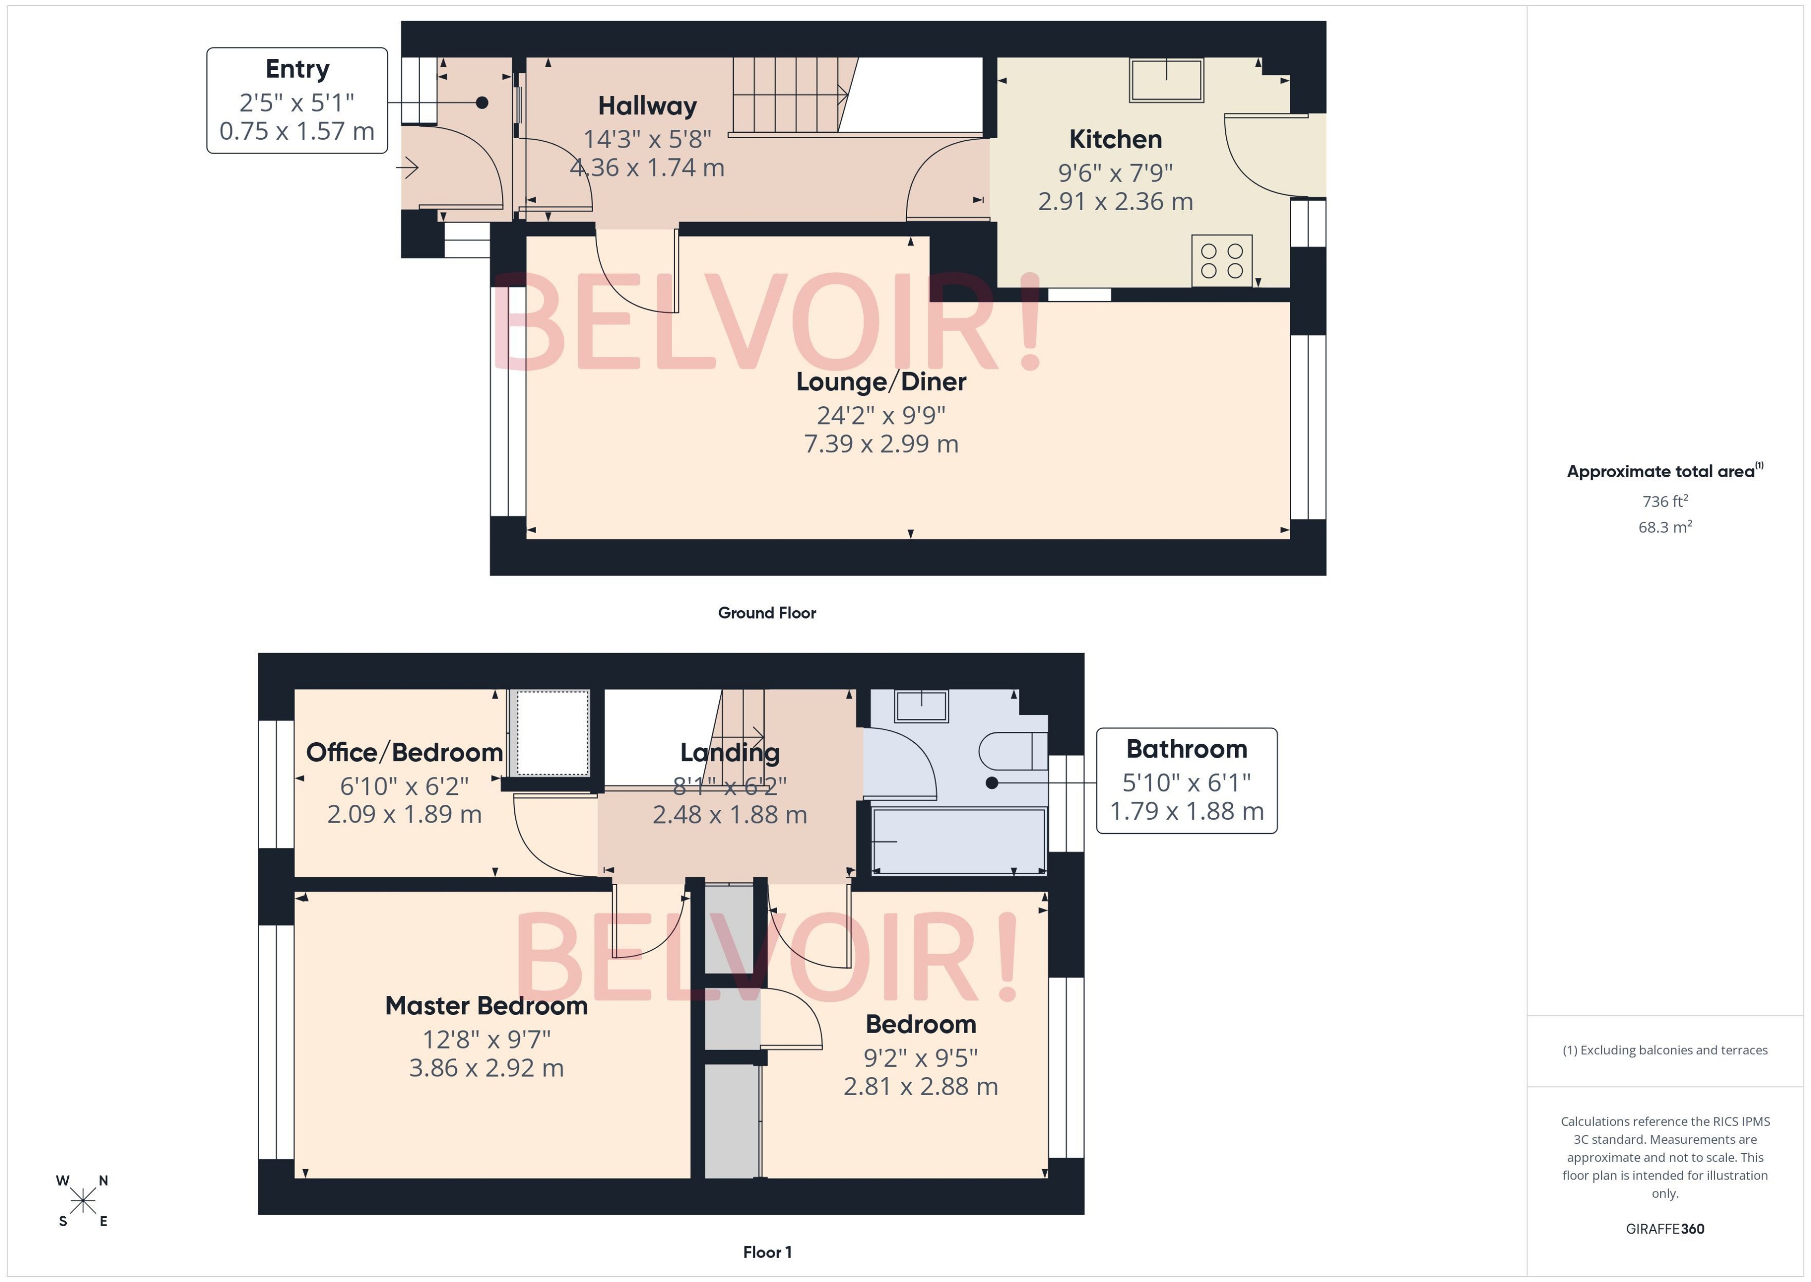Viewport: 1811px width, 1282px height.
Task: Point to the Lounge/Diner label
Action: click(x=881, y=382)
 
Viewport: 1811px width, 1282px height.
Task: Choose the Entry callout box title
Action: click(x=296, y=69)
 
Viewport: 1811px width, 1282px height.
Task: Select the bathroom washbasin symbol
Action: click(x=921, y=706)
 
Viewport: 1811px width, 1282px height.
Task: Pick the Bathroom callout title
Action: click(x=1186, y=749)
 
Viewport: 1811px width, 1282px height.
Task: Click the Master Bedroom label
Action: click(x=486, y=1006)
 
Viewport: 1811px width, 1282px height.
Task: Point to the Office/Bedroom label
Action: click(x=404, y=753)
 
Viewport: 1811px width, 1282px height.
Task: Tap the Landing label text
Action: click(x=730, y=753)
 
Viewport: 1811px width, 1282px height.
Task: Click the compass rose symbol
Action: click(x=83, y=1201)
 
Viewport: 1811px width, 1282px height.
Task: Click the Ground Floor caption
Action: click(x=766, y=613)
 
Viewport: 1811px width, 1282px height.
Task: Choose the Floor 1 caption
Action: click(x=766, y=1252)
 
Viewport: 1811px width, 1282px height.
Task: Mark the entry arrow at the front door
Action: click(x=407, y=167)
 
